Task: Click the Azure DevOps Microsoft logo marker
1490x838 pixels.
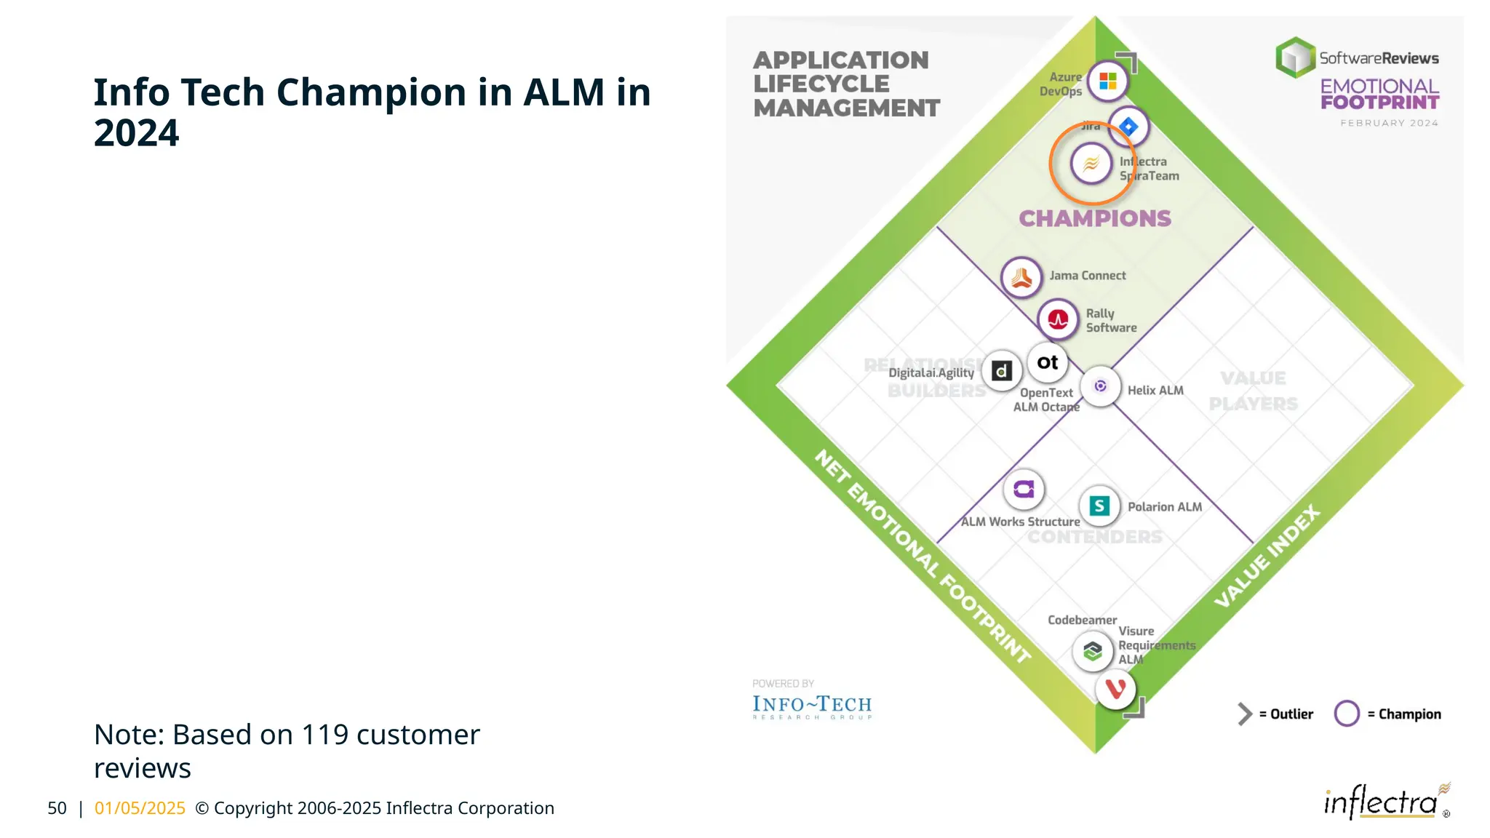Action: coord(1107,81)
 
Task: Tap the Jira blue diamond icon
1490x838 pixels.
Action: coord(1128,127)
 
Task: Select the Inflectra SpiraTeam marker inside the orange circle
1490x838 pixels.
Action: coord(1091,164)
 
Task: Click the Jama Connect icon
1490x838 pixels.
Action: coord(1021,277)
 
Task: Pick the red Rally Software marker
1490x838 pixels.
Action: coord(1058,319)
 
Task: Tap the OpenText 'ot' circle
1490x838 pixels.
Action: coord(1048,362)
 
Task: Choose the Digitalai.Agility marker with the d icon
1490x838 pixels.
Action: coord(1002,371)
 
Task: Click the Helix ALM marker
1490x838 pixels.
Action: coord(1100,386)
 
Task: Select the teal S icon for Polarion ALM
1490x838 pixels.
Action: coord(1099,506)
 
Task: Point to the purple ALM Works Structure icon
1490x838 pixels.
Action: coord(1024,489)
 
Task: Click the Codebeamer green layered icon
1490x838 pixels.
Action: coord(1092,650)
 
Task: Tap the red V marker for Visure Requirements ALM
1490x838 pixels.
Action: coord(1115,688)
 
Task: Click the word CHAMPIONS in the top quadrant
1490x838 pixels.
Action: coord(1094,218)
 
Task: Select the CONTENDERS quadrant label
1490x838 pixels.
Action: coord(1094,537)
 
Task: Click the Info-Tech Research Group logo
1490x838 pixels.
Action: coord(812,706)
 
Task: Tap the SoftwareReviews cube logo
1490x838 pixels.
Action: coord(1296,57)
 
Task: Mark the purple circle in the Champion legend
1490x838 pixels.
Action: coord(1347,714)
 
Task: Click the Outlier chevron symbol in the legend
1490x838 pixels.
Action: coord(1245,714)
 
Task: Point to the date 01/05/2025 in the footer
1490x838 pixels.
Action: coord(140,808)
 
